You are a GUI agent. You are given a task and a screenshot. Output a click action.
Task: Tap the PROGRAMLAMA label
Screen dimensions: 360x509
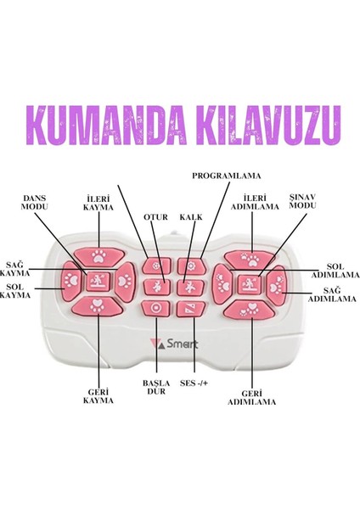[x=227, y=176]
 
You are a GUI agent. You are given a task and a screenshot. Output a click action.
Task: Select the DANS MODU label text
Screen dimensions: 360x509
[x=35, y=203]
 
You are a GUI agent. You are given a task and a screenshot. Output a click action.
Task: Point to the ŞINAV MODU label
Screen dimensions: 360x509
[x=302, y=201]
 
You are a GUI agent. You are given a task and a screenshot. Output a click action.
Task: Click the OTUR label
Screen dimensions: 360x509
[x=155, y=217]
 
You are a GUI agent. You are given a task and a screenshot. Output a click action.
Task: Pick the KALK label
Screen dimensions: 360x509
[x=191, y=217]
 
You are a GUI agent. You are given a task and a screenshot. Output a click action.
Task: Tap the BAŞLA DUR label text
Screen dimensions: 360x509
[x=156, y=387]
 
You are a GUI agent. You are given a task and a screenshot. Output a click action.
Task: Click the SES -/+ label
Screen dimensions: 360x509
[x=194, y=383]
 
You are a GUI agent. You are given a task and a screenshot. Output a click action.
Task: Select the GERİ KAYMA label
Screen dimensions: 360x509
[x=98, y=396]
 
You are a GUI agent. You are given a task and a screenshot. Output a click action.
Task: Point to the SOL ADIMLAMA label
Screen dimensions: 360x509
[x=335, y=271]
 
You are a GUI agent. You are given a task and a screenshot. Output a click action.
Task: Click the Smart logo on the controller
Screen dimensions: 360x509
[x=174, y=344]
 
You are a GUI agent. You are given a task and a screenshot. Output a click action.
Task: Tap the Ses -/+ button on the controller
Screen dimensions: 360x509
[x=191, y=309]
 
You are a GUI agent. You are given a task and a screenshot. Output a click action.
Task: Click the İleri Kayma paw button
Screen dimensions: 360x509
[x=98, y=255]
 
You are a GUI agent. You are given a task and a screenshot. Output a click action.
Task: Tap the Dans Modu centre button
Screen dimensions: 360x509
[x=98, y=281]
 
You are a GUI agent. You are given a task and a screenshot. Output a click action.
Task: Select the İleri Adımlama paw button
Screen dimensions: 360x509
[x=250, y=259]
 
